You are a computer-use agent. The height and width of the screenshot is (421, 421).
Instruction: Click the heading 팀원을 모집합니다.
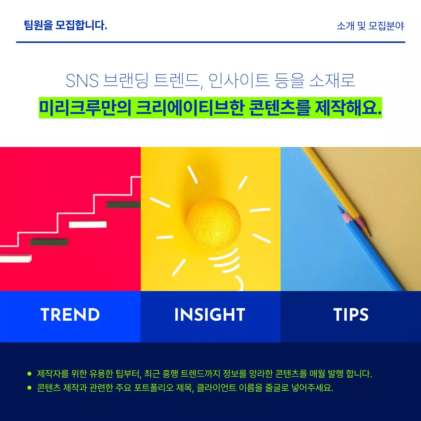(65, 25)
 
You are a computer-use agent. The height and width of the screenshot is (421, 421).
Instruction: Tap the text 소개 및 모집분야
(370, 26)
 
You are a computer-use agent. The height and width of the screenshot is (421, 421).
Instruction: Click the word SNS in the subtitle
(82, 81)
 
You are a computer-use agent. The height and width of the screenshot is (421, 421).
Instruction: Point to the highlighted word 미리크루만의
(85, 108)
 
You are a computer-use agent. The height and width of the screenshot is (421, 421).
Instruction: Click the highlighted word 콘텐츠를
(279, 108)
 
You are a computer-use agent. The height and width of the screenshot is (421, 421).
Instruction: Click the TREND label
(70, 315)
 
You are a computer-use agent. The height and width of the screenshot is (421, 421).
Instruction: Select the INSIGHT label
(210, 315)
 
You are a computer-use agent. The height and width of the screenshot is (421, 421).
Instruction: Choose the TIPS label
(351, 315)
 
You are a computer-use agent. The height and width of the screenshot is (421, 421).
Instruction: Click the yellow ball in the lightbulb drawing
(214, 223)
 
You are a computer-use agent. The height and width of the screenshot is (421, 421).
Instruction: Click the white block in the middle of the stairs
(87, 225)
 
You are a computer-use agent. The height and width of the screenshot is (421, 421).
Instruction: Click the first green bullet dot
(29, 374)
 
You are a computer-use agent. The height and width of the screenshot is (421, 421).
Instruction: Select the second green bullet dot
(29, 388)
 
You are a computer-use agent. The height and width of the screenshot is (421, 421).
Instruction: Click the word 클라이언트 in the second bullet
(216, 388)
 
